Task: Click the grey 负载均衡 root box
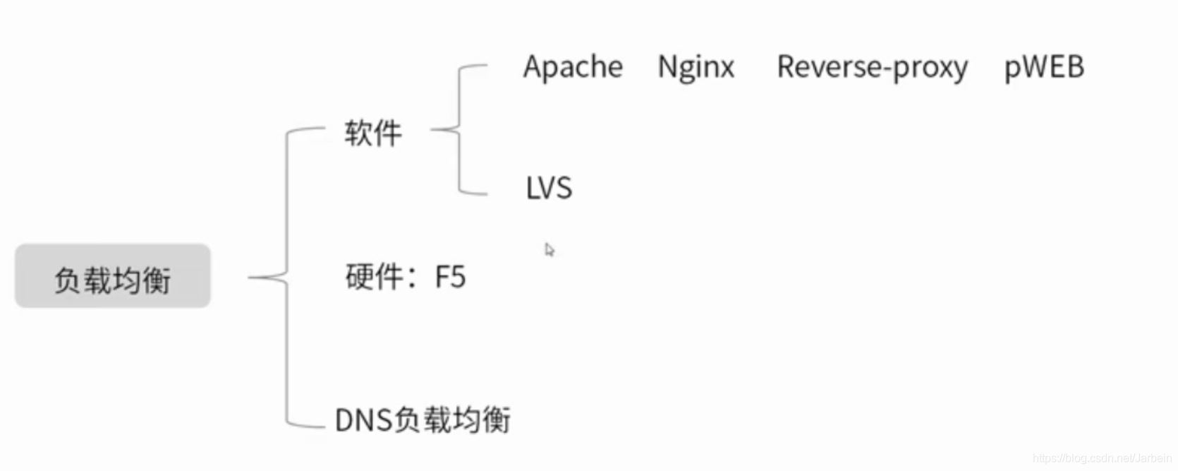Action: coord(112,276)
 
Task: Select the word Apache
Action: coord(573,68)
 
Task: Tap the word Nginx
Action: coord(696,68)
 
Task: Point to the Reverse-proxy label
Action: coord(872,68)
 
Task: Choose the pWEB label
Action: coord(1043,68)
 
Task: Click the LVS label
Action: coord(549,189)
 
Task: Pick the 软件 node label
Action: coord(373,133)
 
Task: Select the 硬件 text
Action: coord(375,277)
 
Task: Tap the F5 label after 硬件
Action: coord(450,277)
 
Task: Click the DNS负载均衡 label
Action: coord(423,419)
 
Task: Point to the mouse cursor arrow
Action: coord(549,249)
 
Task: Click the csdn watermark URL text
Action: coord(1101,458)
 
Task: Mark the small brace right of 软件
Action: coord(460,130)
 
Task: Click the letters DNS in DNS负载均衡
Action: coord(363,420)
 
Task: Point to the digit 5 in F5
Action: coord(458,278)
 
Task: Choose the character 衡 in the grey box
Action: coord(157,280)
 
